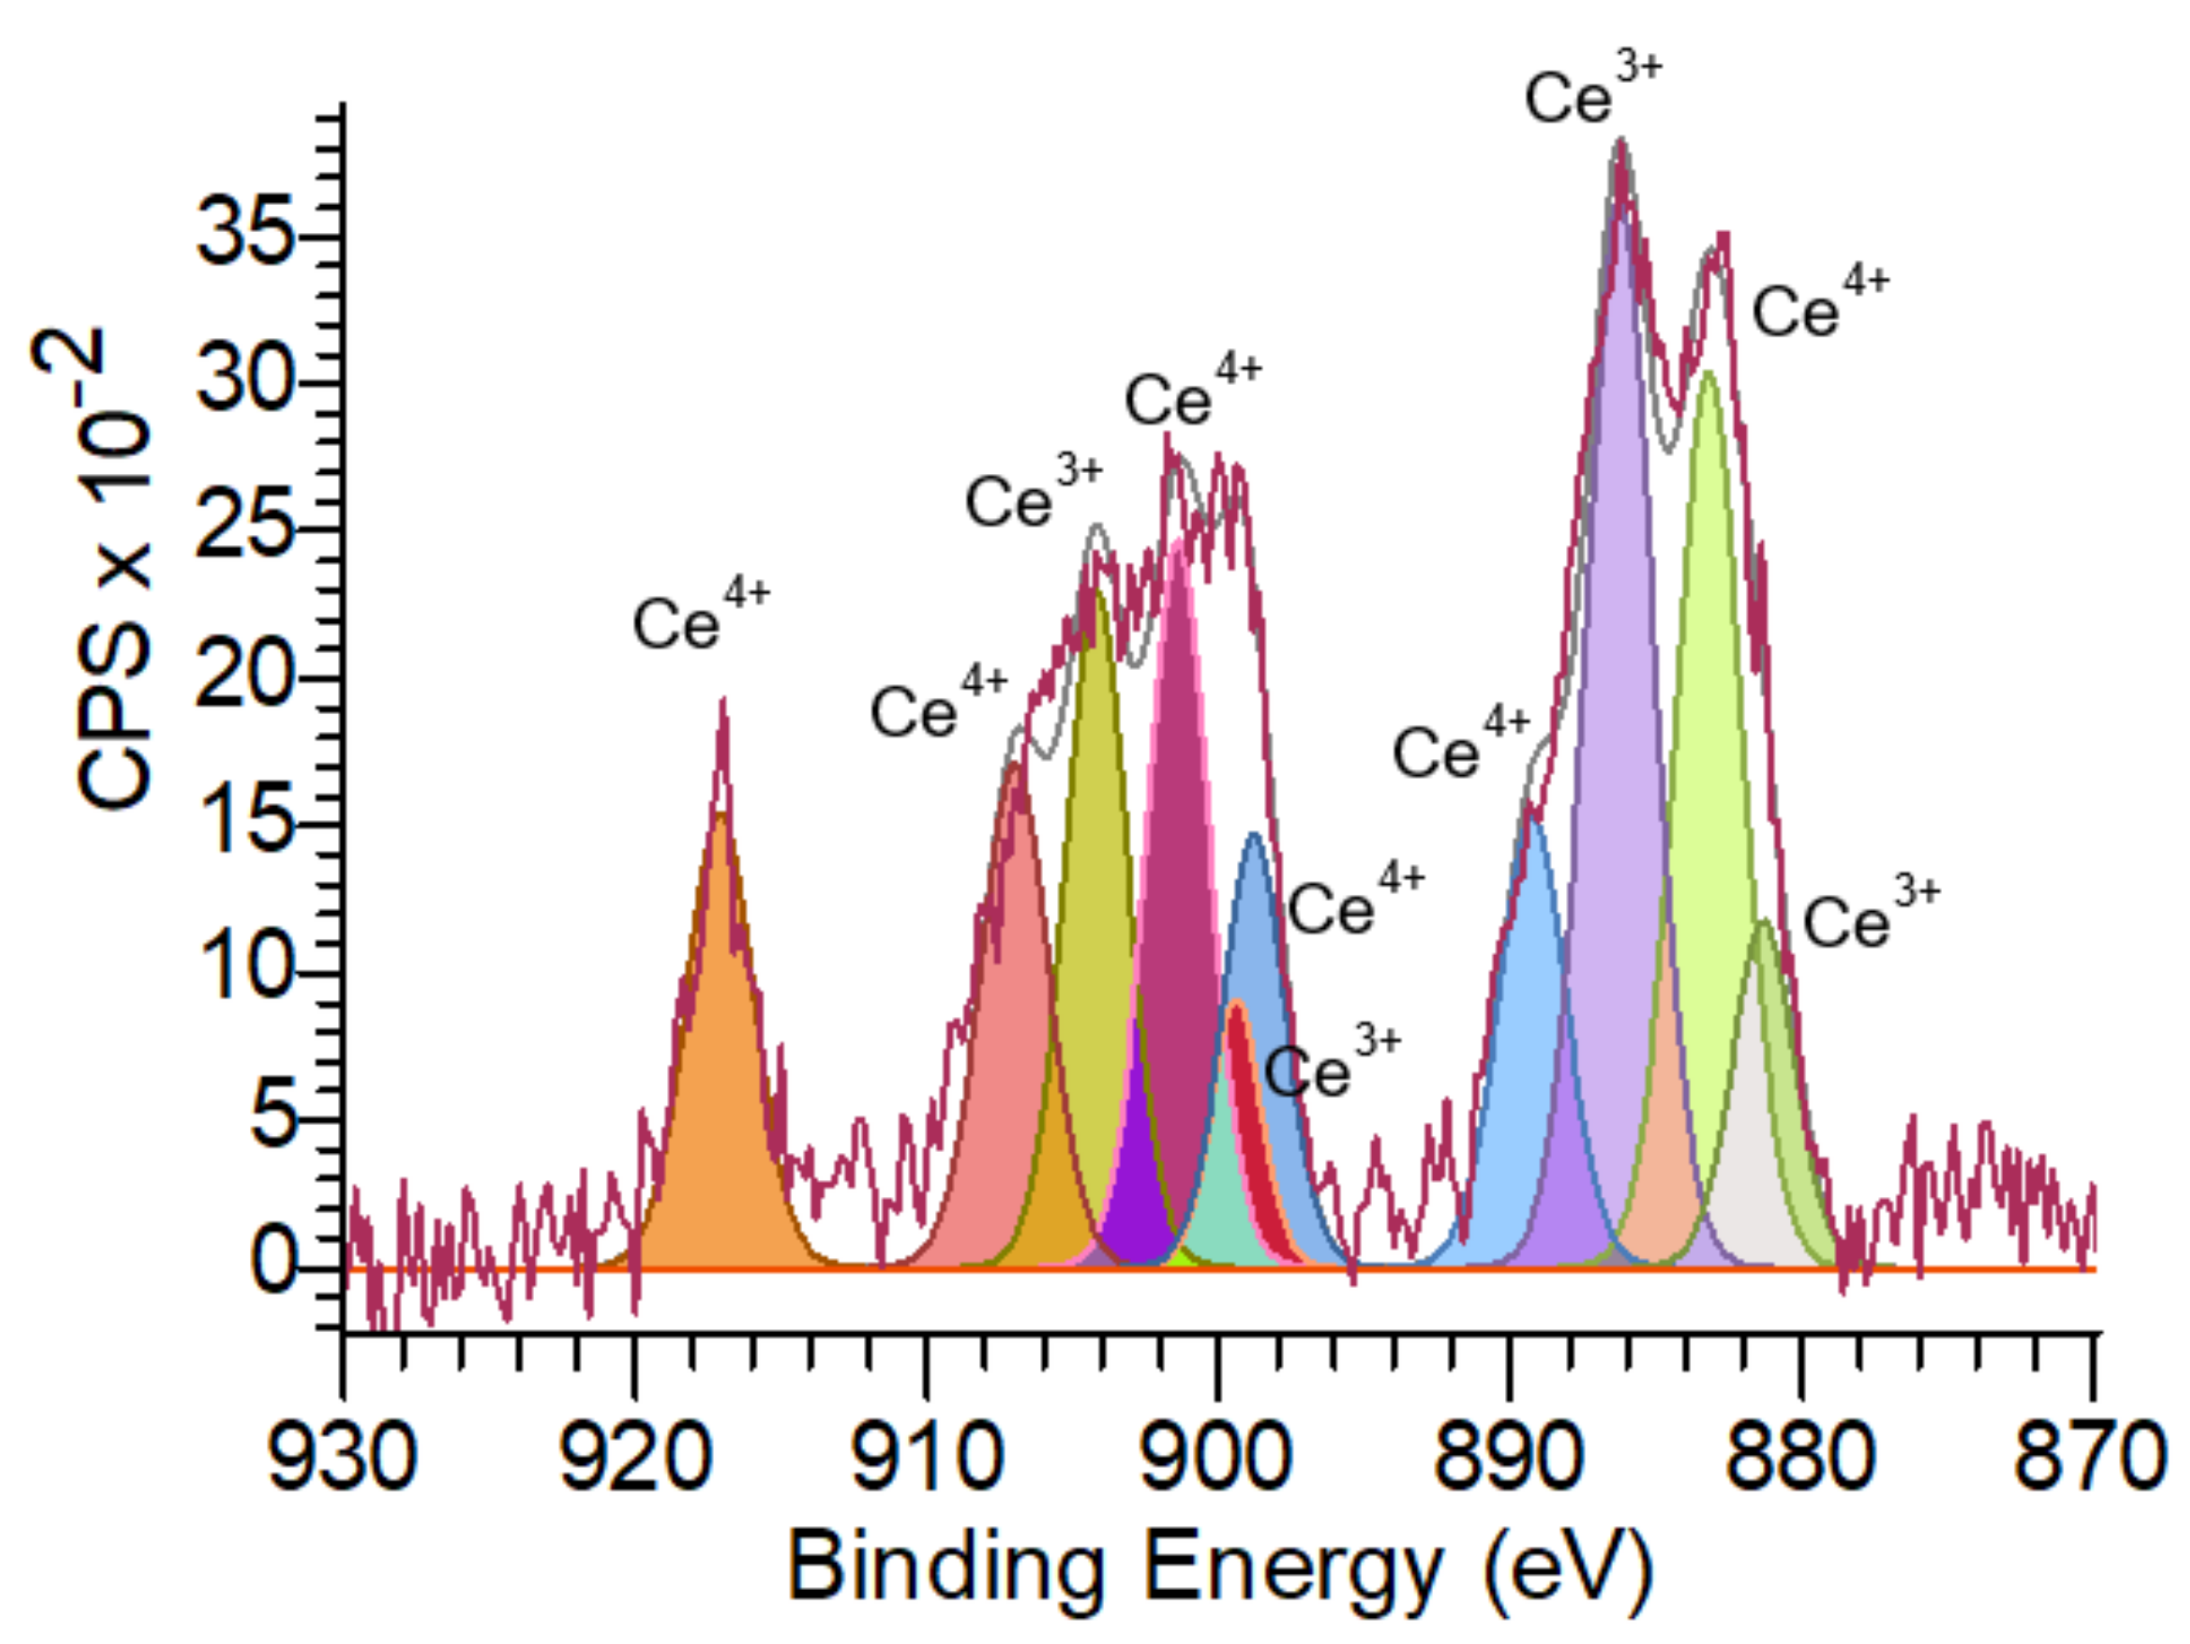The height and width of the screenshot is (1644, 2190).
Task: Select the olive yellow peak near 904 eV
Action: pos(1095,842)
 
